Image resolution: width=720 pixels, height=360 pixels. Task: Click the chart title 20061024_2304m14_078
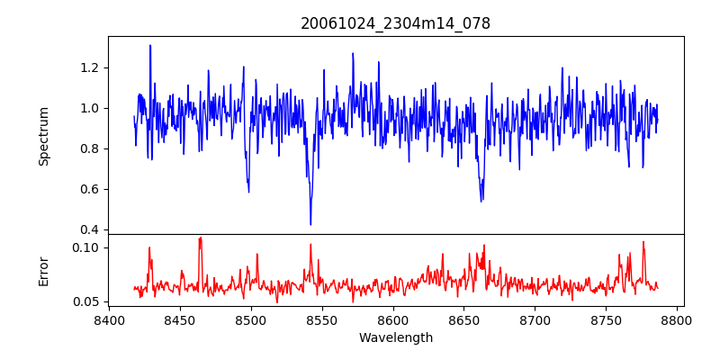tap(395, 23)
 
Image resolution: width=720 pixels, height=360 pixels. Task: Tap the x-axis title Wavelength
tap(395, 337)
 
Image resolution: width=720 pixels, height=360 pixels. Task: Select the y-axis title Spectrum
tap(44, 136)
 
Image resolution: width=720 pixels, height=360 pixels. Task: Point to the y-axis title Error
tap(44, 271)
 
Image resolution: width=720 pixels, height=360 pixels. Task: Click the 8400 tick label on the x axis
tap(109, 319)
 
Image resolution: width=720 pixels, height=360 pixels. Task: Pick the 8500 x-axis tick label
tap(251, 319)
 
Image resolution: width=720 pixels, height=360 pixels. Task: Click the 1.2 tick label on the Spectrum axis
tap(88, 67)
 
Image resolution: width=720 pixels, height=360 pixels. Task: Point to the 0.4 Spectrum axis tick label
tap(88, 229)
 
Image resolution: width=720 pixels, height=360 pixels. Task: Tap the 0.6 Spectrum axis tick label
tap(88, 189)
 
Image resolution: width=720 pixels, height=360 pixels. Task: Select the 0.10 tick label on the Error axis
tap(85, 247)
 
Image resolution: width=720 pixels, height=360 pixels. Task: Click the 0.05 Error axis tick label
tap(85, 301)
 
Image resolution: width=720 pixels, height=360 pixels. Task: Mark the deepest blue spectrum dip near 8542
tap(310, 224)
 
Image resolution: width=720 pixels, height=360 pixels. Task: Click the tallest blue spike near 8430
tap(150, 45)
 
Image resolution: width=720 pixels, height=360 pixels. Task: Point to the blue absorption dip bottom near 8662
tap(481, 200)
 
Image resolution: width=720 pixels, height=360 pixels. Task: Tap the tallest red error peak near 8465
tap(201, 238)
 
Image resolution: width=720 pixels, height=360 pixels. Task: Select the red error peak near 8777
tap(643, 241)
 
